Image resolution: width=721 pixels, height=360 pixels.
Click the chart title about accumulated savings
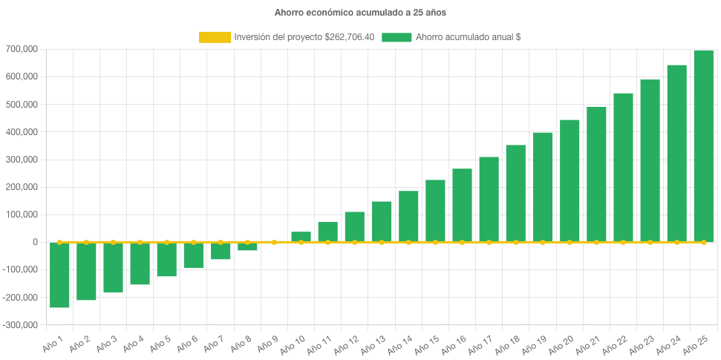[x=360, y=13]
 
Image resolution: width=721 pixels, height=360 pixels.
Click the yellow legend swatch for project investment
[x=215, y=37]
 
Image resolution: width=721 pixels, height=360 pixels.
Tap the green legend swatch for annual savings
[x=396, y=37]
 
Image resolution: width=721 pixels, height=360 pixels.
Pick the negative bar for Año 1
[x=59, y=275]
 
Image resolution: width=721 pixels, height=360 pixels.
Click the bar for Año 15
[x=435, y=211]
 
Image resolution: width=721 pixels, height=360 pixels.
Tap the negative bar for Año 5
[x=167, y=259]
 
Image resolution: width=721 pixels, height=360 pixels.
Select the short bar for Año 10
[x=301, y=237]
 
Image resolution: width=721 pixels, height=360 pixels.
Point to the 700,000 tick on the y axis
[x=24, y=49]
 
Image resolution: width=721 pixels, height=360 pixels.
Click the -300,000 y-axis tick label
[x=22, y=325]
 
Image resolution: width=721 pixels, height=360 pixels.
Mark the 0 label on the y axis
[x=35, y=242]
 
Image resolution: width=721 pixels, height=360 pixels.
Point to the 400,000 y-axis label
[x=24, y=132]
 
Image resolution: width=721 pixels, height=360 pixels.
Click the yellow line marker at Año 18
[x=515, y=242]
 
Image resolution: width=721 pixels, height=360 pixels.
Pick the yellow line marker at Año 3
[x=113, y=242]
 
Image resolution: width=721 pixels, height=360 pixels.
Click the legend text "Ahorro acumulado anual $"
[x=468, y=37]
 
